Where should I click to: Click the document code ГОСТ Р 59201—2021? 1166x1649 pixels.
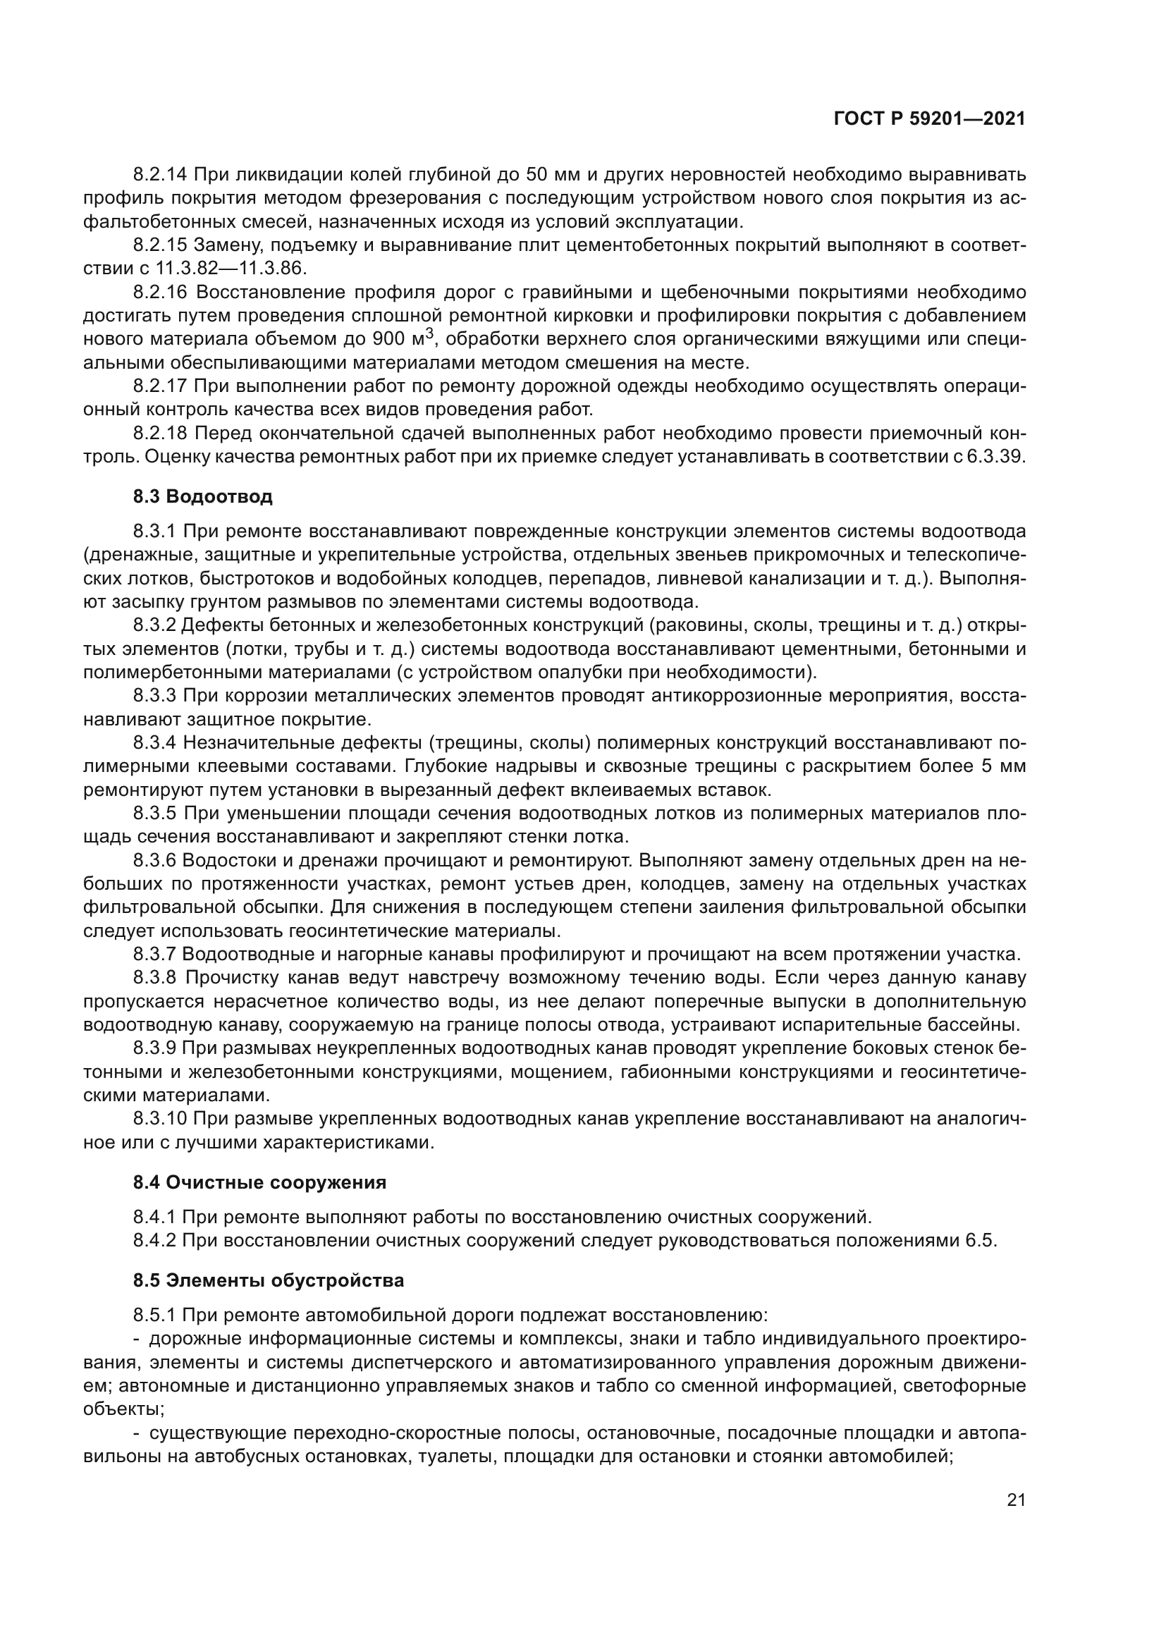929,119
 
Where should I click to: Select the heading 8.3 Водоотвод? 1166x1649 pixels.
202,496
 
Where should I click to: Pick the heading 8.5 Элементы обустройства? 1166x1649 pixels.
269,1280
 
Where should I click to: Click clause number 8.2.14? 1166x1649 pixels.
159,175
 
